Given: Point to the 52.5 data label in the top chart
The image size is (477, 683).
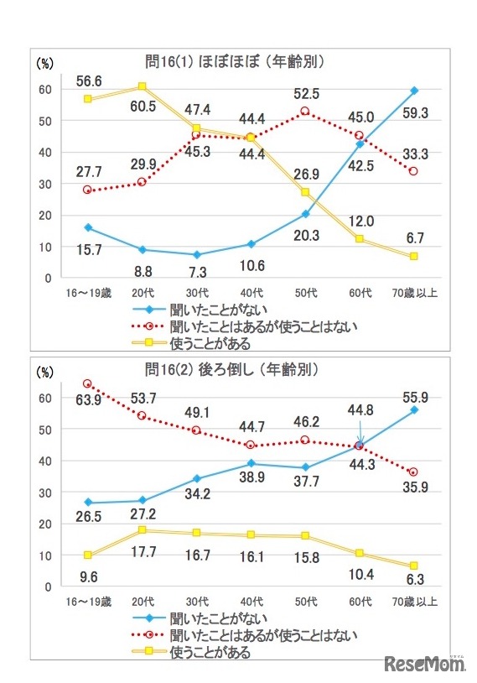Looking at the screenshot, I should tap(303, 93).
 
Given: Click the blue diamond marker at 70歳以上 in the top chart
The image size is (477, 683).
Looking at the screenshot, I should tap(414, 90).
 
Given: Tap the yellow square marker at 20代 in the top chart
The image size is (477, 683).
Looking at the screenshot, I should tap(143, 86).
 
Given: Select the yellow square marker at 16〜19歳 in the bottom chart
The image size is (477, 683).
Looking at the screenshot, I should tap(87, 555).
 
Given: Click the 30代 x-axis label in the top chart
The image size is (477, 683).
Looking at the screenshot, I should tap(196, 292).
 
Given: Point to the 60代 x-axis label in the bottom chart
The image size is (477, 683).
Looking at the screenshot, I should tap(360, 602).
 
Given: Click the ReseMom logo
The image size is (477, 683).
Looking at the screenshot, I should tap(424, 664).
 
